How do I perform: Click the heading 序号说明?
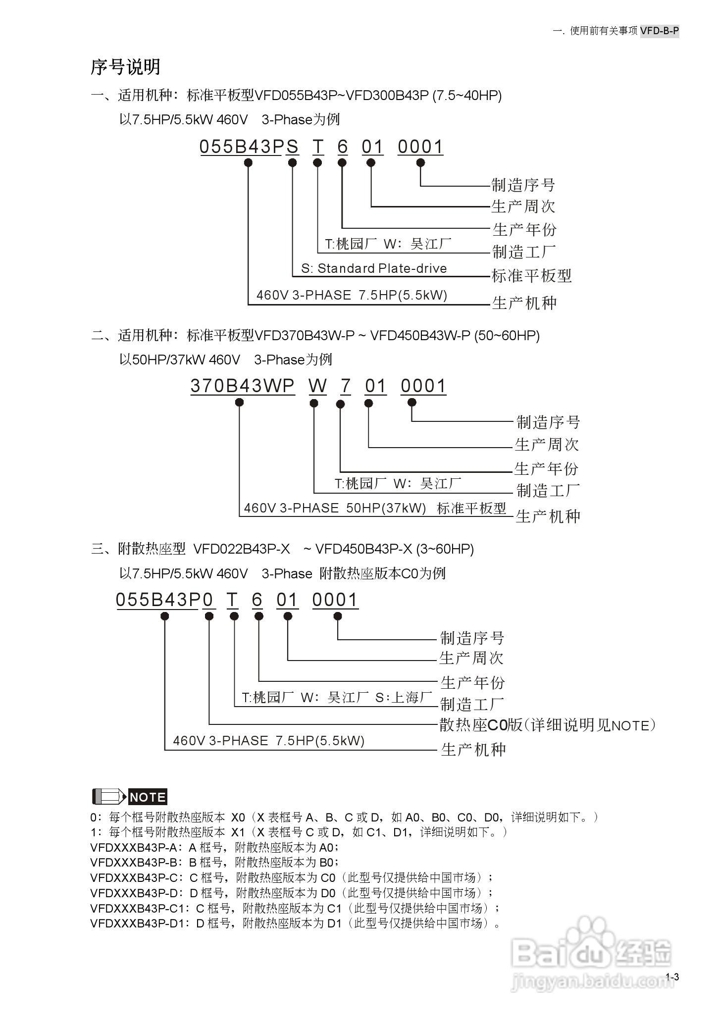tap(125, 67)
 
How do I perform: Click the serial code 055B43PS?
tap(249, 147)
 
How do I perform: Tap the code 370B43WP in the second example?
tap(243, 386)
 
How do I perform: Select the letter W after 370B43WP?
tap(318, 386)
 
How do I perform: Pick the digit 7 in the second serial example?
tap(345, 386)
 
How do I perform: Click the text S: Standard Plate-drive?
tap(374, 268)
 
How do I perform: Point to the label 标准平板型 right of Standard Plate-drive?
tap(531, 276)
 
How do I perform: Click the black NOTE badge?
tap(148, 797)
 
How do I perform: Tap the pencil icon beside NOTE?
tap(109, 797)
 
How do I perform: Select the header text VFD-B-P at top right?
tap(659, 31)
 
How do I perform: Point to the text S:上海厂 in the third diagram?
tap(404, 698)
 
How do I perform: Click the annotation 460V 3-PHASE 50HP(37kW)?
tap(335, 508)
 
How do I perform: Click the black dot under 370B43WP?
tap(239, 403)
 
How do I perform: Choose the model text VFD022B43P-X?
tap(242, 549)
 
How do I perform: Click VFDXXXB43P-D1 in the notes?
tap(133, 923)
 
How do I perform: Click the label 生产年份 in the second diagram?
tap(546, 468)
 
